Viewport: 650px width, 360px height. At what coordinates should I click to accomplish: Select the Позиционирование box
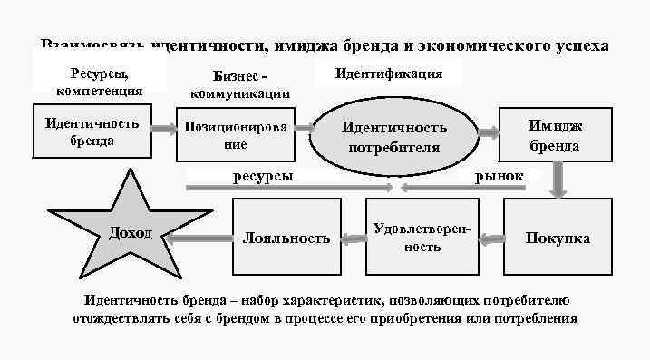[x=235, y=136]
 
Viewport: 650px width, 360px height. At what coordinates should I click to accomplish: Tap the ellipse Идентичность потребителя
[x=394, y=137]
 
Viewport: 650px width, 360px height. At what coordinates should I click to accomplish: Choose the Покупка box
[x=558, y=238]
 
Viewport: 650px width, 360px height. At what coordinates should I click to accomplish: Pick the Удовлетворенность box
[x=422, y=237]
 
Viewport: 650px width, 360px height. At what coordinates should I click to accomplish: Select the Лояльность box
[x=286, y=238]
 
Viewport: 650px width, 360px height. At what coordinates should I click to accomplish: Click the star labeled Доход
[x=131, y=234]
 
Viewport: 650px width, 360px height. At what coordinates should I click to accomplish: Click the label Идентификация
[x=389, y=73]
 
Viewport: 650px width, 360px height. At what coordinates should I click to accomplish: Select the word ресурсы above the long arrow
[x=263, y=175]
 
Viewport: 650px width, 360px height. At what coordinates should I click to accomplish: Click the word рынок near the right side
[x=499, y=175]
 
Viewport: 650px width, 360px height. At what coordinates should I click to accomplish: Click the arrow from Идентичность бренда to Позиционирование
[x=164, y=129]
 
